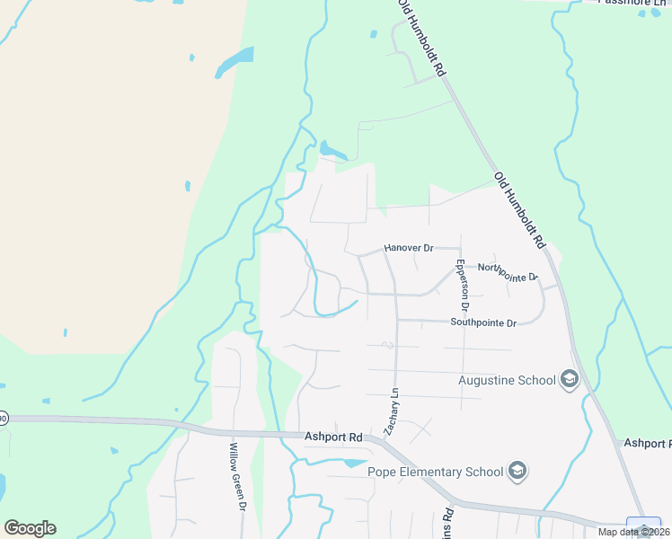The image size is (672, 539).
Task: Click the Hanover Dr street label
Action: (409, 247)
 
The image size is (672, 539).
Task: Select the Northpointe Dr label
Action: (507, 268)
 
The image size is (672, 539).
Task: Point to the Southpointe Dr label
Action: (483, 323)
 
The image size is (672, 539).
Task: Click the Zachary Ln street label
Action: (391, 412)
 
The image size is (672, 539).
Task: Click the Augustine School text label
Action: (507, 380)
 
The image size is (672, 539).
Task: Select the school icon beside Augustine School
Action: (568, 380)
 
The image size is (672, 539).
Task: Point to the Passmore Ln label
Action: (633, 3)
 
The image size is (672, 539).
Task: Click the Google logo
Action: (30, 528)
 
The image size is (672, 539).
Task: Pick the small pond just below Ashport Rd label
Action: (346, 463)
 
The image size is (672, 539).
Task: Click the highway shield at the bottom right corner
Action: (643, 528)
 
